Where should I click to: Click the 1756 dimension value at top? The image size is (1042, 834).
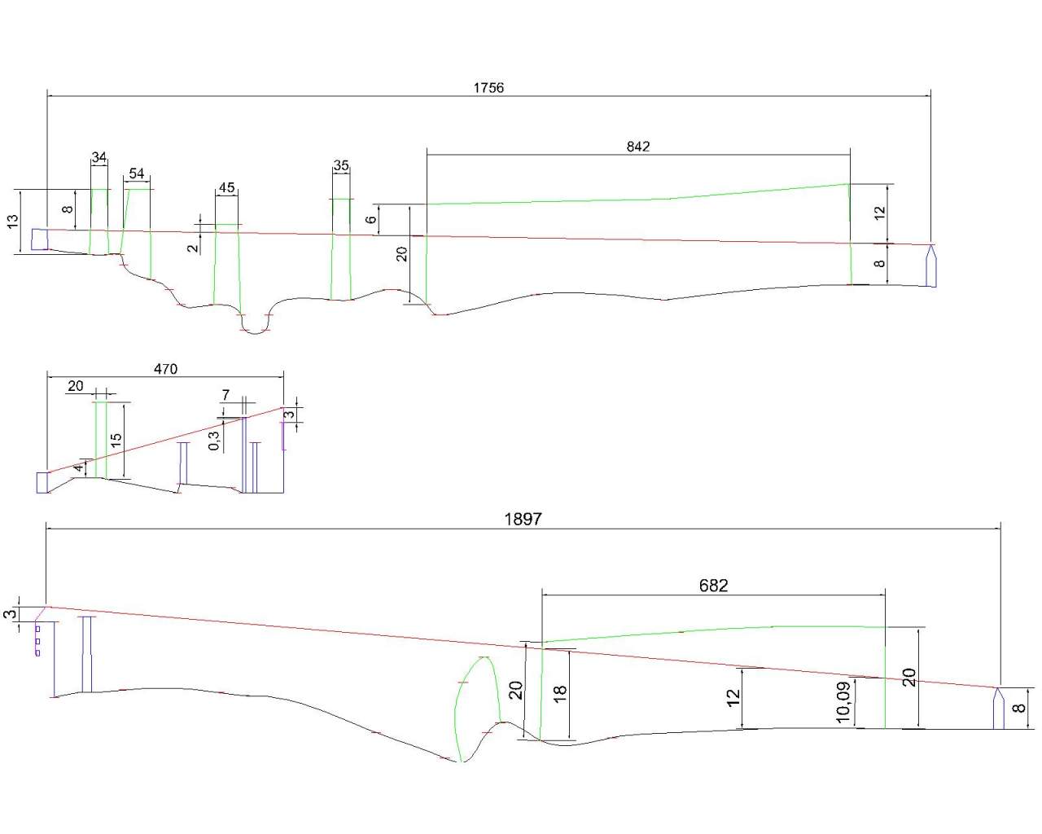pos(488,87)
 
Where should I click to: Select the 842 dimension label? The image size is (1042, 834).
pos(638,147)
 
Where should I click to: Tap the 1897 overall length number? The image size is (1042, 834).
pos(523,519)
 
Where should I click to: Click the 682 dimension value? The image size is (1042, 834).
pos(713,586)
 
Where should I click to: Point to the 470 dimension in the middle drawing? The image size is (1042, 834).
pos(165,369)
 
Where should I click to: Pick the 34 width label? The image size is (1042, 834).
pos(99,157)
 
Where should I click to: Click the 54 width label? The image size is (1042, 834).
pos(137,173)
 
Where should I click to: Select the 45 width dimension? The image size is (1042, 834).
pos(226,188)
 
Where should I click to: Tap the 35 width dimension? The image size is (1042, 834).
pos(341,165)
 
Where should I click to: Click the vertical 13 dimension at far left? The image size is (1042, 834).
pos(13,222)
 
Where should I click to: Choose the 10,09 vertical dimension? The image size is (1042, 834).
pos(843,701)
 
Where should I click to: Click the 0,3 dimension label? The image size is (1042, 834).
pos(214,441)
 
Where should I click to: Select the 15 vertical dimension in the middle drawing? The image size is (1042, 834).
pos(116,438)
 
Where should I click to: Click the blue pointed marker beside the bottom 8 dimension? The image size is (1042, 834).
pos(997,708)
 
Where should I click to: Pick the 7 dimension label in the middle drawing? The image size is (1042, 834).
pos(225,395)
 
